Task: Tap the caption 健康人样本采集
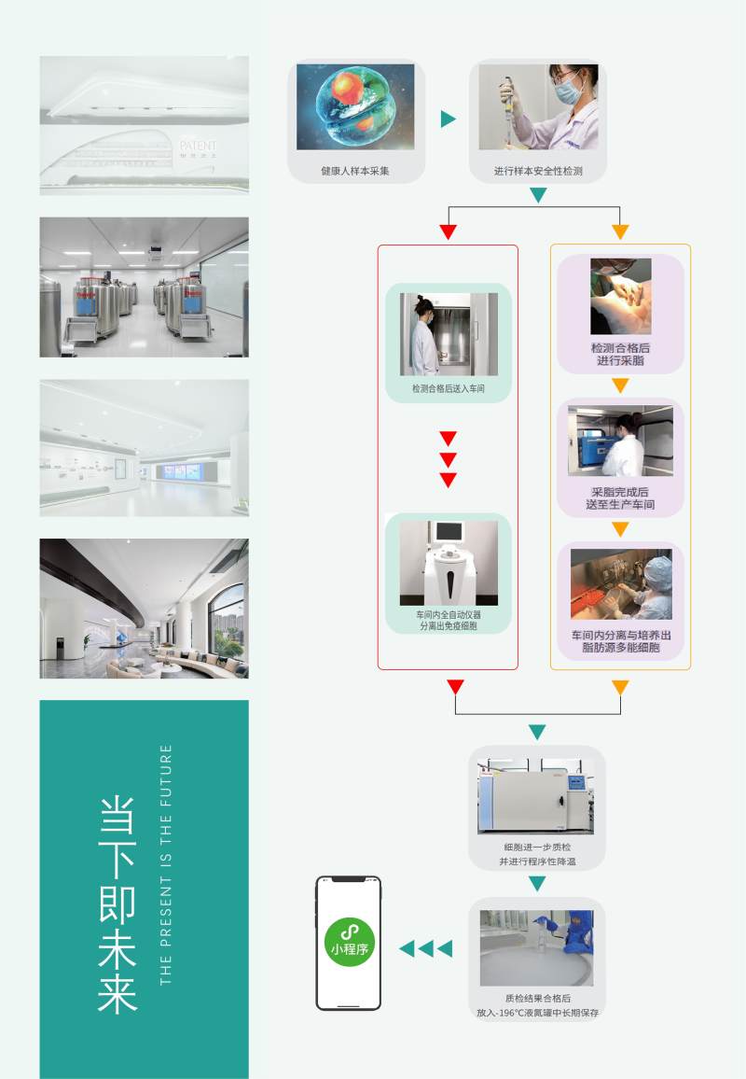[x=355, y=172]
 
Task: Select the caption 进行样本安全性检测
[x=538, y=172]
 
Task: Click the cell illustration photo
[x=355, y=106]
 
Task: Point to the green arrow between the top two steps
[x=448, y=119]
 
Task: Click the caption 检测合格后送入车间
[x=448, y=387]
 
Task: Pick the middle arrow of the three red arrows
[x=448, y=459]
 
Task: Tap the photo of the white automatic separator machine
[x=449, y=563]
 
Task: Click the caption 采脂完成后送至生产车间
[x=620, y=497]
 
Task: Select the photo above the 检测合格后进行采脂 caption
[x=620, y=297]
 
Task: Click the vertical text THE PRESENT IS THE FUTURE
[x=166, y=864]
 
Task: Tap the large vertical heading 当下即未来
[x=117, y=904]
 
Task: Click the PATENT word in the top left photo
[x=198, y=146]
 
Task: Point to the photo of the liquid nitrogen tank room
[x=145, y=287]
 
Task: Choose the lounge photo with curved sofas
[x=145, y=608]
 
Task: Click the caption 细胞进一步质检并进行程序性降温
[x=537, y=854]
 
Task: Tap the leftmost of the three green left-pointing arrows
[x=407, y=949]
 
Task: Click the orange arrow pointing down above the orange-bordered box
[x=620, y=231]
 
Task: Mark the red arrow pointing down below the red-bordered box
[x=455, y=688]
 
